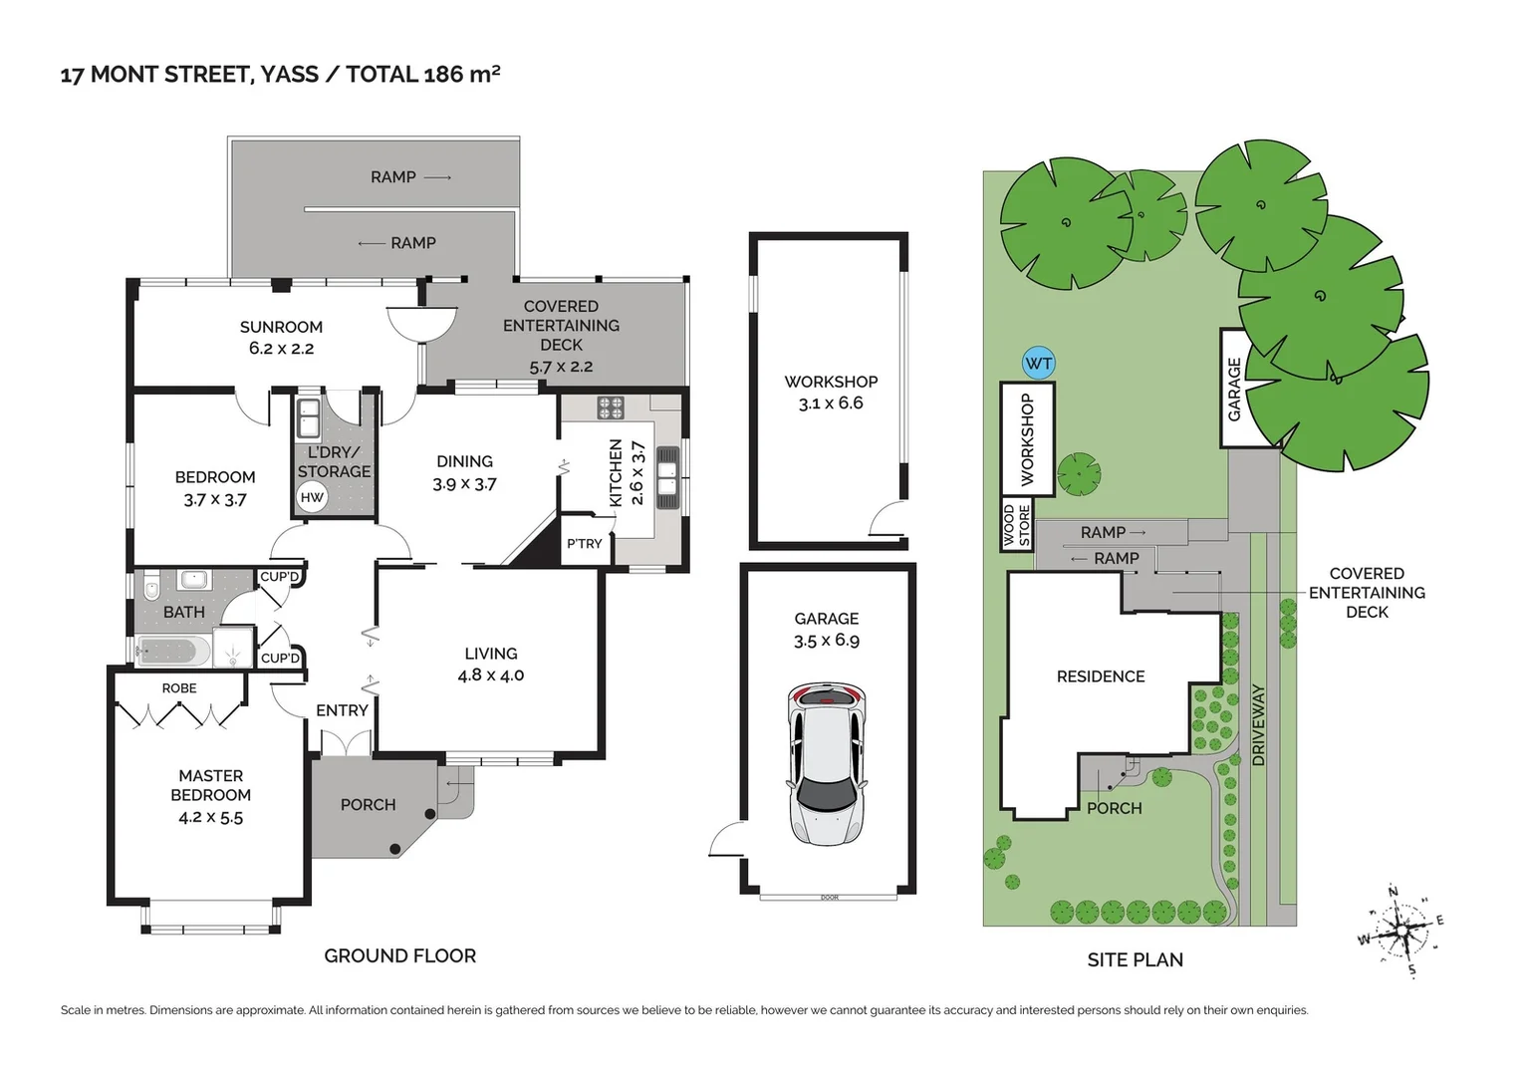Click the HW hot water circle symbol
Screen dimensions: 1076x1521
(312, 497)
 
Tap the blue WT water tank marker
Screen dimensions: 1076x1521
(1038, 364)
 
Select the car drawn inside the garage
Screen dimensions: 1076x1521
(827, 762)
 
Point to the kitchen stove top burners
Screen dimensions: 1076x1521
(610, 407)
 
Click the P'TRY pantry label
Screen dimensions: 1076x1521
(585, 544)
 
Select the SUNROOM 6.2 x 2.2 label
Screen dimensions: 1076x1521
(281, 338)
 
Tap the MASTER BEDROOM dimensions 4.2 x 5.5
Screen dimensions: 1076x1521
(210, 817)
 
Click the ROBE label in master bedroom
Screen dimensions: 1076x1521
(179, 688)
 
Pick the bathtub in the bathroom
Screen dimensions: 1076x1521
(173, 652)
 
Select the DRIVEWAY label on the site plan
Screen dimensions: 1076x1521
(1258, 725)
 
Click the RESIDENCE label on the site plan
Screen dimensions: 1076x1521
(1101, 676)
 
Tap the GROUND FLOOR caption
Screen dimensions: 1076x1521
(399, 955)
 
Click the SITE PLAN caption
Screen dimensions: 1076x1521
(1135, 959)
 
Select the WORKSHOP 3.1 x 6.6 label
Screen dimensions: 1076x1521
(831, 393)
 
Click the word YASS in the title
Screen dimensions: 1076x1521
(290, 75)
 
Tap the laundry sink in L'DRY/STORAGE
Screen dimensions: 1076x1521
(309, 418)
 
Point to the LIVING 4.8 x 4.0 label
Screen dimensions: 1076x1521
(490, 665)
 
